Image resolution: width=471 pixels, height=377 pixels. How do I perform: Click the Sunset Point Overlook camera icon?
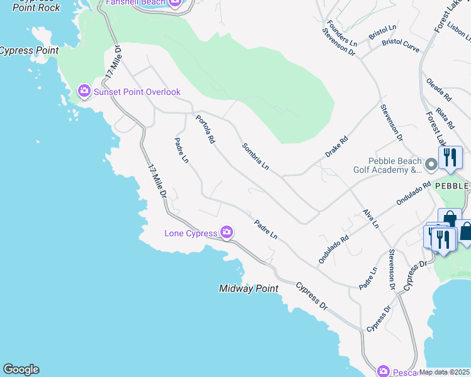coord(84,92)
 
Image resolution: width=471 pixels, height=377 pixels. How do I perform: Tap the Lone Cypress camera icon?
coord(227,233)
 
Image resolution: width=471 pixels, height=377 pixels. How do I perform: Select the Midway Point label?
coord(249,288)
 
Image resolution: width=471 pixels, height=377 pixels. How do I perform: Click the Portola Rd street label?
coord(205,129)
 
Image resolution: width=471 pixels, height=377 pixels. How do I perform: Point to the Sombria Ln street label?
coord(256,156)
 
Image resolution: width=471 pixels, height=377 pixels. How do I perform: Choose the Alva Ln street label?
coord(371,218)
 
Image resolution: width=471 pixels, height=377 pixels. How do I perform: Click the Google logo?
coord(21,369)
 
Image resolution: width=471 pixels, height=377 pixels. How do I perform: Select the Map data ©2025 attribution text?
coord(444,372)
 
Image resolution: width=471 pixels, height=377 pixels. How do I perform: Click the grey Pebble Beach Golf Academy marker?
coord(431,165)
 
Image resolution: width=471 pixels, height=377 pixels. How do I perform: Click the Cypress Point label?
coord(29,50)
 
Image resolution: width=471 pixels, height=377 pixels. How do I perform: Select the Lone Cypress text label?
coord(191,233)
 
